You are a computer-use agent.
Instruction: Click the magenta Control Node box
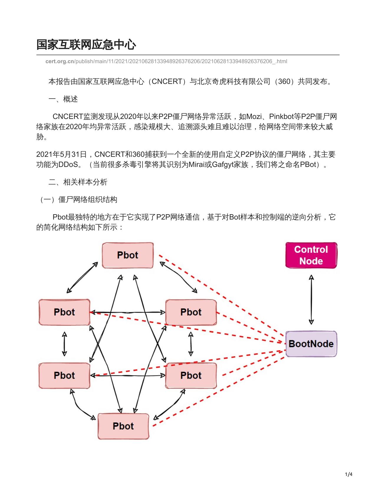[311, 255]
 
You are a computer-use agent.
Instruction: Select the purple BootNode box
[311, 344]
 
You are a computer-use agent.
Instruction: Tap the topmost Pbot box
[128, 255]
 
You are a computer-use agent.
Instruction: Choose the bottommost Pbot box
[123, 426]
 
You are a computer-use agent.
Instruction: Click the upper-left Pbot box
[65, 312]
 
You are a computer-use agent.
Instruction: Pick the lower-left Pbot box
[65, 376]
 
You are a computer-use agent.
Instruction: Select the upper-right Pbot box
[191, 312]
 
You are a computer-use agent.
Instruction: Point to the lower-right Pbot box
[191, 376]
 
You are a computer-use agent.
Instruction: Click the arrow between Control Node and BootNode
[311, 300]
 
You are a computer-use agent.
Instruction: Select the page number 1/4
[349, 474]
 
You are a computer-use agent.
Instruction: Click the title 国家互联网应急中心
[86, 44]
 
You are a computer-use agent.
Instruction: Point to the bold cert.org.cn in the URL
[60, 61]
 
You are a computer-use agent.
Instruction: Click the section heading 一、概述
[63, 99]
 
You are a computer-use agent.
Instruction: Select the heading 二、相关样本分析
[78, 182]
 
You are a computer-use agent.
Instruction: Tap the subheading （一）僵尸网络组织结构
[78, 200]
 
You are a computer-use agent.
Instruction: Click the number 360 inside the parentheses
[284, 81]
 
